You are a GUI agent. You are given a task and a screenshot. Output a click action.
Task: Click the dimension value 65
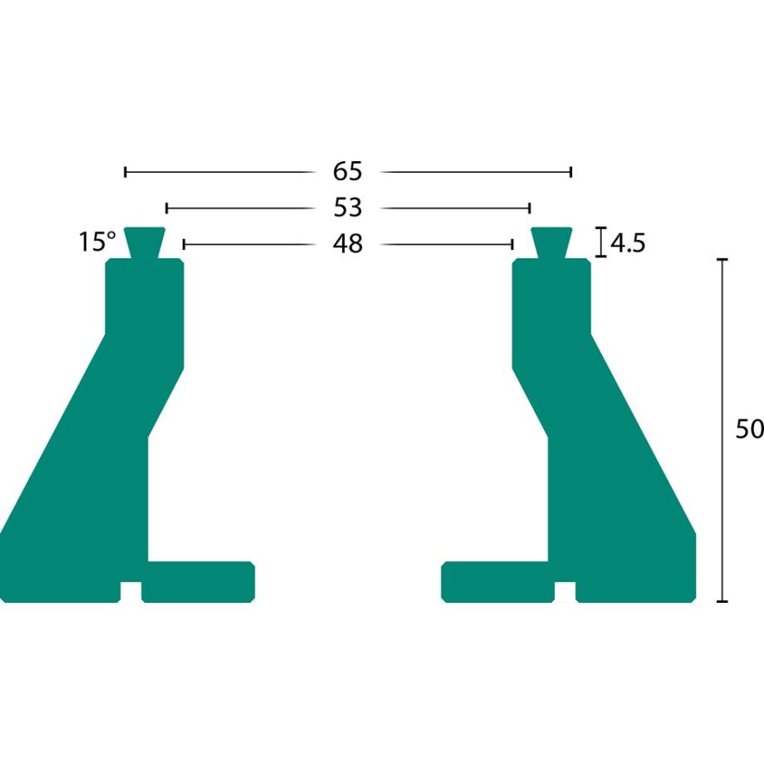click(348, 172)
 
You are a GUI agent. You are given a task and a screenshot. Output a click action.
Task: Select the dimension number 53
click(348, 207)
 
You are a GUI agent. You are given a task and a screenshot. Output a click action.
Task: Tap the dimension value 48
click(348, 244)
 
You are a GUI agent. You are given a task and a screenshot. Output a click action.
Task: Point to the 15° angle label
click(97, 242)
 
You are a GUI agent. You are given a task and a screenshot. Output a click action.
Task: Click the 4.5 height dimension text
click(628, 243)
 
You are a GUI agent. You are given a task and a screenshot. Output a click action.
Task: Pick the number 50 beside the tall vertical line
click(749, 429)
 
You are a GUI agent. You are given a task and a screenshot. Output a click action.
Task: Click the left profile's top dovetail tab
click(144, 242)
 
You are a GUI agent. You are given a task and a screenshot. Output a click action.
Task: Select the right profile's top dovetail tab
click(551, 242)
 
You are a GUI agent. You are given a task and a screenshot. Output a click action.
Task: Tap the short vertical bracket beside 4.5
click(600, 242)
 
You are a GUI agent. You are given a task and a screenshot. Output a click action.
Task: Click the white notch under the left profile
click(130, 591)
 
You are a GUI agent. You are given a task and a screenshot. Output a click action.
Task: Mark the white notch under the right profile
click(565, 591)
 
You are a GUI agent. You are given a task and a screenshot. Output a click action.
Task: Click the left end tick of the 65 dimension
click(125, 172)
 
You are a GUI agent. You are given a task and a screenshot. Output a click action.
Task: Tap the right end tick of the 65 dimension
click(571, 172)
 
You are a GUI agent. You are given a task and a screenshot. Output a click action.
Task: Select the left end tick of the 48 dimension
click(184, 244)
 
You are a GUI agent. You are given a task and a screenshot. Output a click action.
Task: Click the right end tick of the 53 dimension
click(530, 207)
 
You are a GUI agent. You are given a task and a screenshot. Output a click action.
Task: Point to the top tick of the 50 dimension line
click(722, 260)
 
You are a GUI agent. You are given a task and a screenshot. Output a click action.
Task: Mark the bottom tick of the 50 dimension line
click(722, 600)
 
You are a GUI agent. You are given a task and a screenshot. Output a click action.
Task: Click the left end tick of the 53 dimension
click(167, 207)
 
